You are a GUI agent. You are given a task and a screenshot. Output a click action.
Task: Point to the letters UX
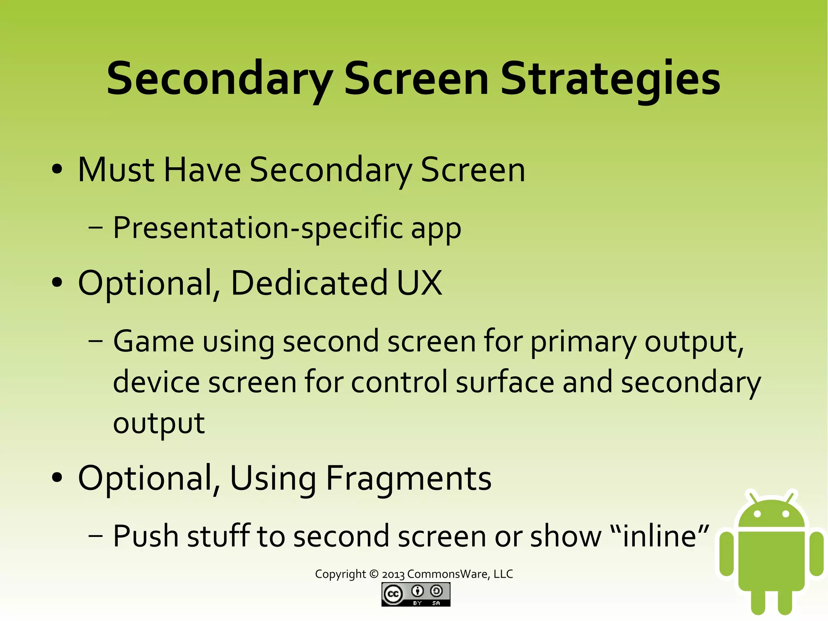click(x=419, y=283)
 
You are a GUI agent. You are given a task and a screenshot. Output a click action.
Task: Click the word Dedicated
click(x=309, y=283)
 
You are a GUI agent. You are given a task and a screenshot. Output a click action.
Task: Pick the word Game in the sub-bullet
click(x=154, y=342)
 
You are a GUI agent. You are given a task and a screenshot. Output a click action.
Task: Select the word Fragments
click(x=409, y=479)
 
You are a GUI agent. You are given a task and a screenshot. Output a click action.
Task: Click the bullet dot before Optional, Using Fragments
click(x=57, y=478)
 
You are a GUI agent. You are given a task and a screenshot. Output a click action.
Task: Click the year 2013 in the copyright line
click(x=393, y=574)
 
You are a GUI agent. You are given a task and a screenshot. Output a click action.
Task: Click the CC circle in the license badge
click(x=393, y=594)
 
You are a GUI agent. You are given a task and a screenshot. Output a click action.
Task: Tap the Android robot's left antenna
click(x=753, y=497)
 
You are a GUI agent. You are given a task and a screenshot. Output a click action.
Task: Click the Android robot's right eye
click(x=786, y=514)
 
